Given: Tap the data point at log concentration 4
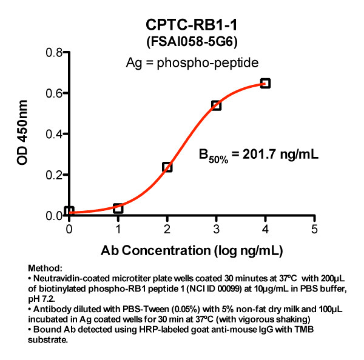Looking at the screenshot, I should (265, 83).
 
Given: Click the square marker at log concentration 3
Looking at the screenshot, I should (216, 105).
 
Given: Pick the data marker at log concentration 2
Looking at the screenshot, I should (167, 167).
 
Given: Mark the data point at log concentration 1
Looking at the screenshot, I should (118, 208).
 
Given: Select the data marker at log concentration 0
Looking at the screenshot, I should (69, 212).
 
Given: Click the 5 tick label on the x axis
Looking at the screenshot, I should (314, 228).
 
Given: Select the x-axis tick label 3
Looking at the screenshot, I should (216, 228).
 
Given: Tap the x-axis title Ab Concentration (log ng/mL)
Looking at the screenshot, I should (192, 248).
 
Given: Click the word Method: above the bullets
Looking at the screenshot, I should (45, 267).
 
